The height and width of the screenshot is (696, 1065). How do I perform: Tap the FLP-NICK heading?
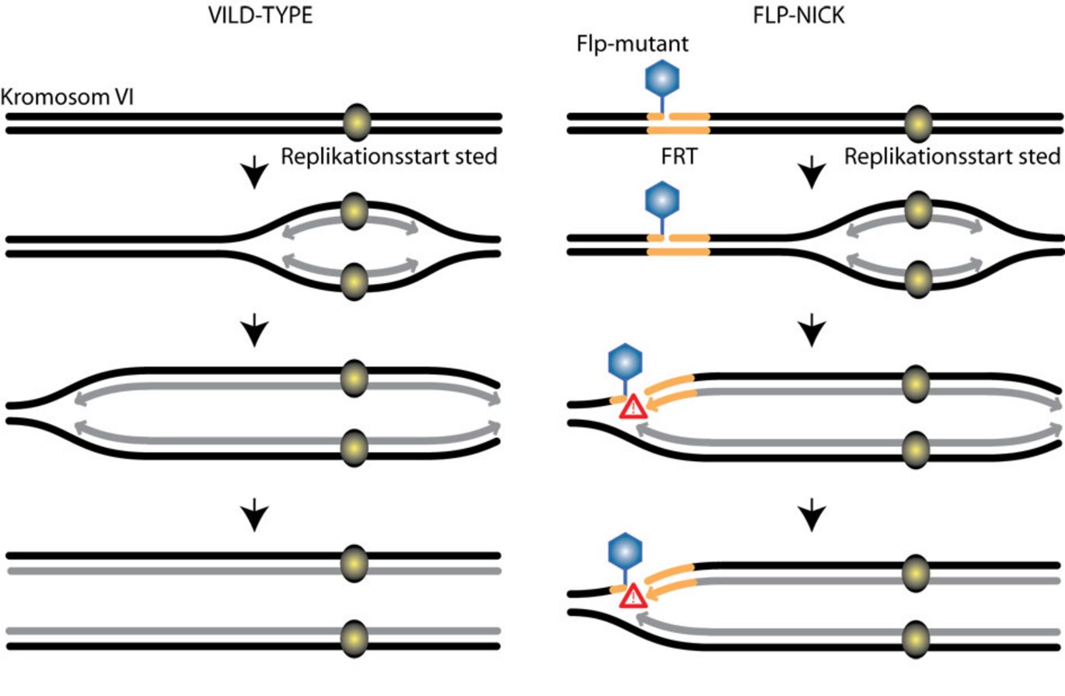pos(809,16)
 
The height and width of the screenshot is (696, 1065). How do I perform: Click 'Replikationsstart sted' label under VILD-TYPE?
pos(389,156)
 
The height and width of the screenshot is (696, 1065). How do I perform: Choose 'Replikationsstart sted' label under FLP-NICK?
pos(952,156)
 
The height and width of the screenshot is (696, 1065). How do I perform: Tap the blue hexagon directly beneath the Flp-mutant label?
pos(662,80)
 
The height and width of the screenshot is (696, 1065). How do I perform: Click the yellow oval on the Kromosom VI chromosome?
pos(357,123)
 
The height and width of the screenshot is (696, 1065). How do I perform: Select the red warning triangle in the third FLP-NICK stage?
pos(634,405)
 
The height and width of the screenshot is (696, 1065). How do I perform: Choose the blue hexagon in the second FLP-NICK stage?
pos(662,200)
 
